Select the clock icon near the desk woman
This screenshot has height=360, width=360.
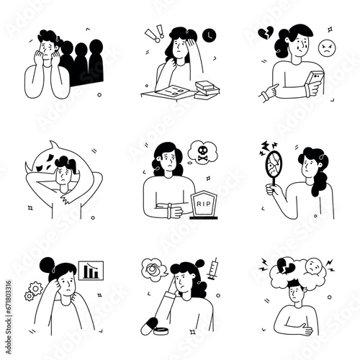point(208,34)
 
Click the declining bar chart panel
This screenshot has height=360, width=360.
point(91,273)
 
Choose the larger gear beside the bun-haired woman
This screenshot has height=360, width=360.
point(33,292)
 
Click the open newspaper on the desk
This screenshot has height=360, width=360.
point(168,90)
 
